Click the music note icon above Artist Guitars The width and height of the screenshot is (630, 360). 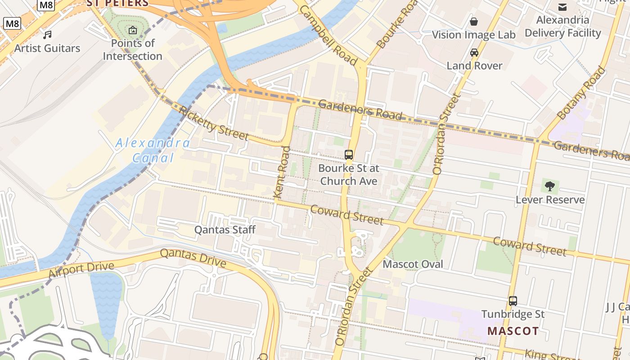(47, 35)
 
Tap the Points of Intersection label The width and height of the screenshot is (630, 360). (133, 49)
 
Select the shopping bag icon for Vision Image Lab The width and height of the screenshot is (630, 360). (474, 22)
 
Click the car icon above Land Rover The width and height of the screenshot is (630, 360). (474, 53)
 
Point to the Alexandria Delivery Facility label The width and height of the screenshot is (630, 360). (562, 27)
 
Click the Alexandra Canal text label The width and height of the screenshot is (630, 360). (153, 150)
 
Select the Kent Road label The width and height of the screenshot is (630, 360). (282, 172)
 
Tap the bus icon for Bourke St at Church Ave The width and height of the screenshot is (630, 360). (349, 155)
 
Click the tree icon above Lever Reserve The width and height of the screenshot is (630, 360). (549, 186)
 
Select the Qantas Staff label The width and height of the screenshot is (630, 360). (225, 230)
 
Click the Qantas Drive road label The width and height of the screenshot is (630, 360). (193, 258)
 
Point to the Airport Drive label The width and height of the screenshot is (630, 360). (81, 270)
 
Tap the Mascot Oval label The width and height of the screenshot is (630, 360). (413, 264)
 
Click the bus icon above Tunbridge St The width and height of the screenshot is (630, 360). (513, 301)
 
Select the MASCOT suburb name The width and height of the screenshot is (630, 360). (513, 331)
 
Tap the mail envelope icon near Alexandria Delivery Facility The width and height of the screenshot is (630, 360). (562, 7)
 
